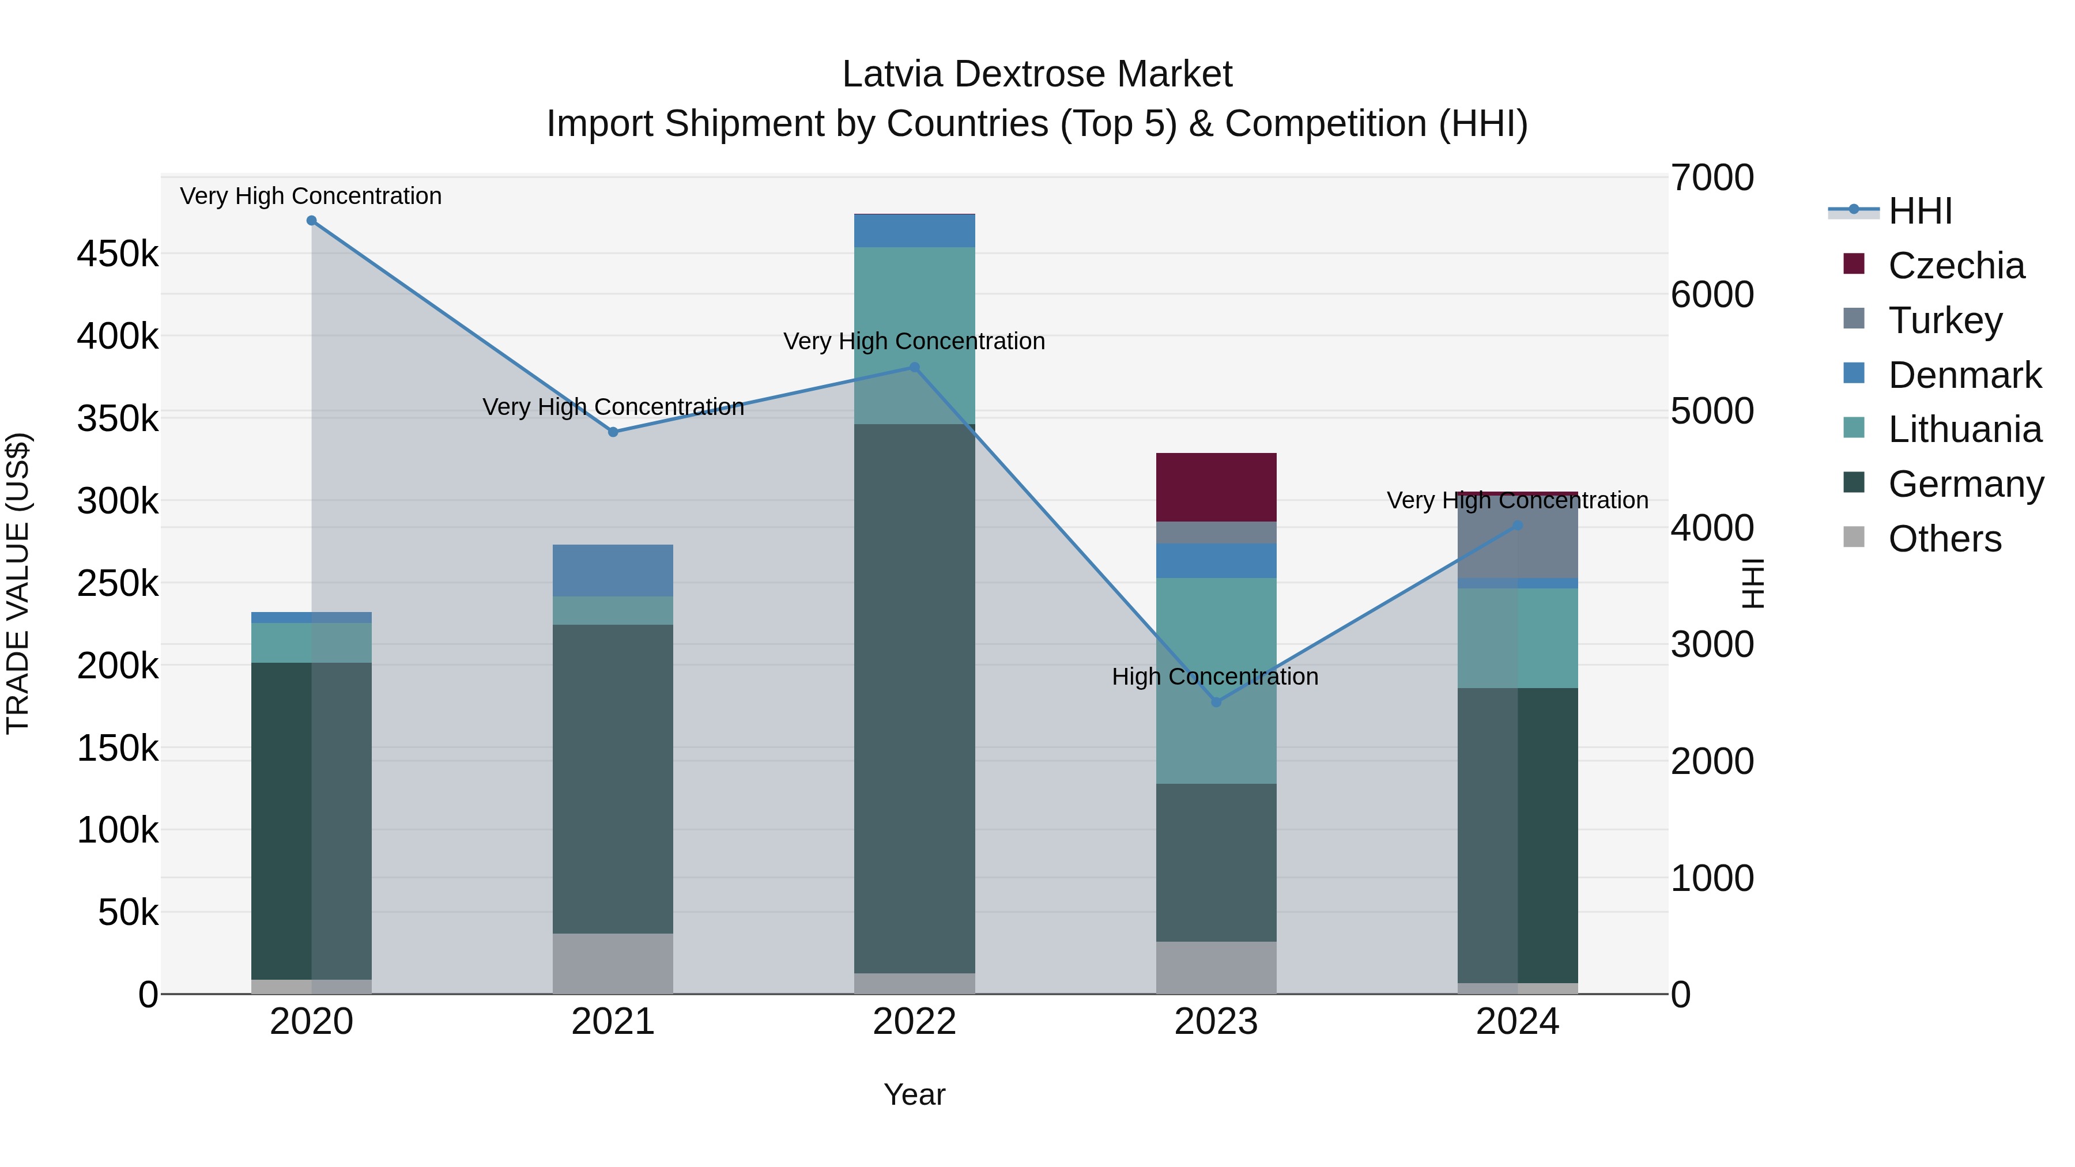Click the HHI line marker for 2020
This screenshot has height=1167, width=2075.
pos(312,221)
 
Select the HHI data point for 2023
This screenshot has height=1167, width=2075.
pos(1216,703)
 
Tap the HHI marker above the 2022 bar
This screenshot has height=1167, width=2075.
pos(914,367)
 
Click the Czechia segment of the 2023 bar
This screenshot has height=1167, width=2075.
pos(1216,487)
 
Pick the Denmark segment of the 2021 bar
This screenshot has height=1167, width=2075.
pos(613,570)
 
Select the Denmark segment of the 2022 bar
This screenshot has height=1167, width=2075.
pos(914,231)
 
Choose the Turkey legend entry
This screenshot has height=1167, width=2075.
pos(1945,320)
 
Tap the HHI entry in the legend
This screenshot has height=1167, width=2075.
pos(1919,211)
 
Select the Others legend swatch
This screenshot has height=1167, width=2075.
pos(1854,537)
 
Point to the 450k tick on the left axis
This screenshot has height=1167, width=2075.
pos(118,255)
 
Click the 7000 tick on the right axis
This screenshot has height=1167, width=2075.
pos(1712,178)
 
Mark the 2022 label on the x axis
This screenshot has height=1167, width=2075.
pos(914,1022)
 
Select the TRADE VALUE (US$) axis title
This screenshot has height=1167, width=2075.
pos(18,583)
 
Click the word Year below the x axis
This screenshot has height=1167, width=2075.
pos(914,1094)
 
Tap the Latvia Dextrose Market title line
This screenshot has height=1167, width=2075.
pos(1037,74)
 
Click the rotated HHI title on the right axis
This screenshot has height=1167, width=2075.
pos(1753,583)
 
